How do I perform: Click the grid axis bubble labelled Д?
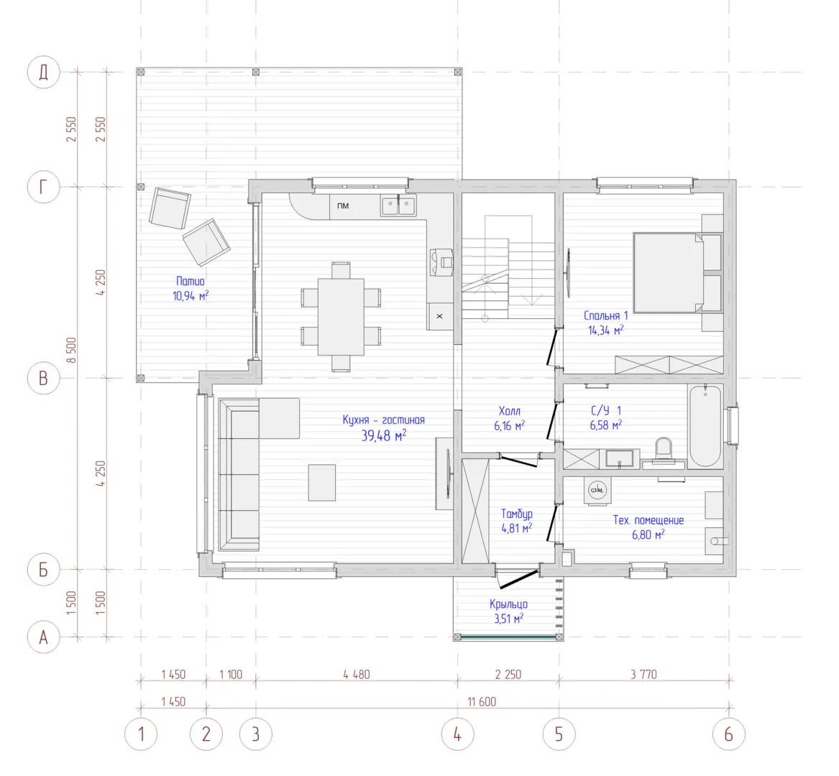click(x=43, y=72)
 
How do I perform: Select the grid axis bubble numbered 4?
click(x=457, y=734)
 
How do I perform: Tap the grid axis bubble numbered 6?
click(x=729, y=734)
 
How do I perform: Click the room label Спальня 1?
click(x=606, y=315)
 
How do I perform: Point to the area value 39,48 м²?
click(x=384, y=435)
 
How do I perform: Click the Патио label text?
click(x=191, y=281)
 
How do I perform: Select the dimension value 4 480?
click(x=357, y=675)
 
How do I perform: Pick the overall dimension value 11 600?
click(x=482, y=702)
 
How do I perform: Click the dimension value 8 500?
click(x=71, y=351)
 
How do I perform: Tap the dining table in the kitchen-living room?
click(x=341, y=317)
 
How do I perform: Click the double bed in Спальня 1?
click(x=677, y=272)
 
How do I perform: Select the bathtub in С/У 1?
click(x=705, y=426)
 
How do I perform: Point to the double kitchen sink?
click(x=398, y=205)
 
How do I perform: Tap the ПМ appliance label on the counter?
click(x=343, y=206)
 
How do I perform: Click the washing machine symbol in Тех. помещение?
click(x=597, y=491)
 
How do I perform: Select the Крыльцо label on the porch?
click(x=508, y=604)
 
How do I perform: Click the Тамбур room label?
click(x=516, y=514)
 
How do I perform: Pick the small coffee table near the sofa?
click(x=322, y=483)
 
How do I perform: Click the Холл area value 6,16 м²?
click(x=510, y=425)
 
